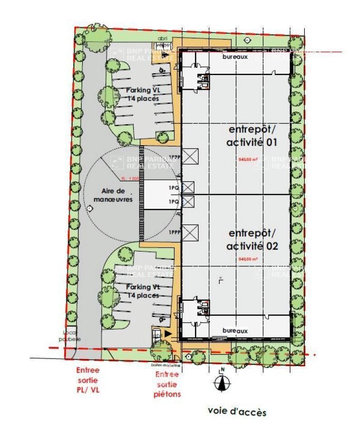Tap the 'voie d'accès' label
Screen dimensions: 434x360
[x=237, y=411]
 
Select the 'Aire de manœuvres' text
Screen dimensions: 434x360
[x=113, y=195]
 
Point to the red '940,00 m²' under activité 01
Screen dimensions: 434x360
[x=247, y=159]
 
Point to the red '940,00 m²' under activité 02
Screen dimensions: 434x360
[x=247, y=259]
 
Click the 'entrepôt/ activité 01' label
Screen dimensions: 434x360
[x=252, y=136]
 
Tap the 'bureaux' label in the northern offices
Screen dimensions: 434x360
[x=235, y=57]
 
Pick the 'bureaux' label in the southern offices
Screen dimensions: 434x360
[x=235, y=331]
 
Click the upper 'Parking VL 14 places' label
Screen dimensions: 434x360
[x=143, y=94]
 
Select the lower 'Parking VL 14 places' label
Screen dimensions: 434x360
[x=143, y=291]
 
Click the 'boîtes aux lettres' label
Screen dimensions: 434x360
[x=166, y=365]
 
